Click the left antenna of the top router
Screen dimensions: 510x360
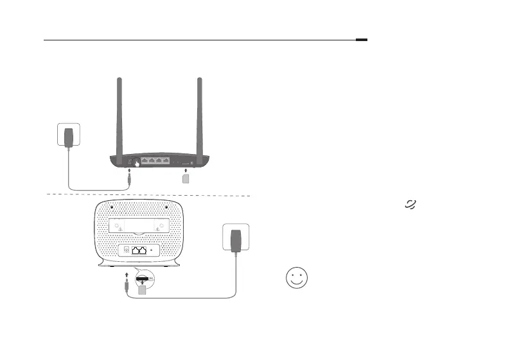[x=119, y=116]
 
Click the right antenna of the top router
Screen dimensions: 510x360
[x=200, y=116]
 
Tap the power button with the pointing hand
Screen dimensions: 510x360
[x=136, y=162]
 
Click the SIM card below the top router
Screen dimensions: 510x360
[x=186, y=179]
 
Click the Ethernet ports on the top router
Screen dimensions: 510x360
[x=156, y=160]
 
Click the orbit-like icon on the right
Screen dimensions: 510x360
[x=410, y=203]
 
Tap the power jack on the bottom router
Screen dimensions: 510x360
[x=126, y=250]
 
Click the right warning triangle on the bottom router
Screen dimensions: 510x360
[x=158, y=231]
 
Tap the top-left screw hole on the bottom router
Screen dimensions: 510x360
[x=112, y=207]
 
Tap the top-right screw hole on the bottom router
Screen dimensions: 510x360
[x=166, y=207]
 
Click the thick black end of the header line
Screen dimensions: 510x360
[x=362, y=40]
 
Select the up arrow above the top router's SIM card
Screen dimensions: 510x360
[x=186, y=171]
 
